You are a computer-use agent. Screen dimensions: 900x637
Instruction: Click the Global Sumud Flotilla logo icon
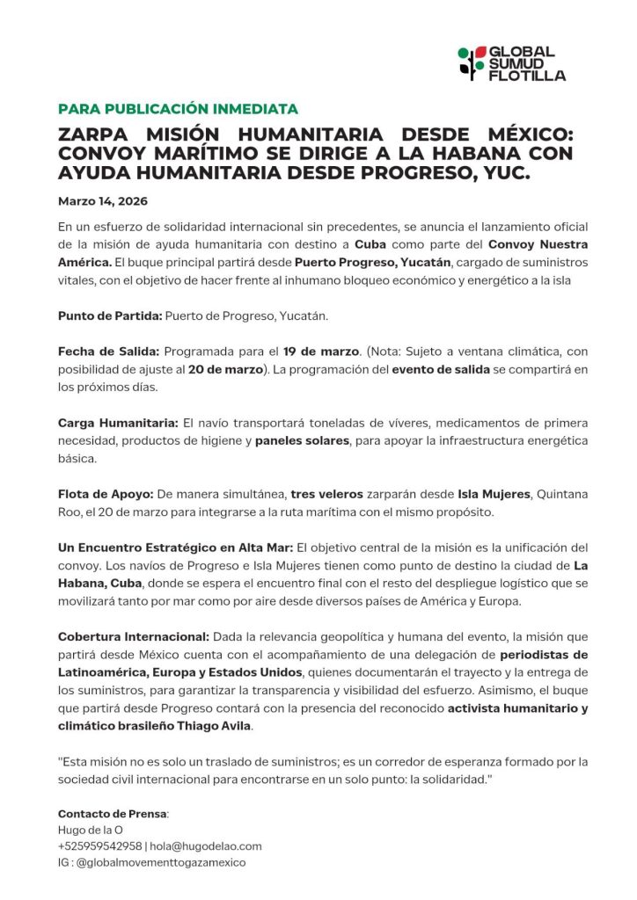tap(472, 63)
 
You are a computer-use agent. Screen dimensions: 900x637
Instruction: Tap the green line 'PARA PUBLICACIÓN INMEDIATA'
tap(178, 109)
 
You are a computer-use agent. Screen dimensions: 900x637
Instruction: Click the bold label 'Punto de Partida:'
tap(110, 315)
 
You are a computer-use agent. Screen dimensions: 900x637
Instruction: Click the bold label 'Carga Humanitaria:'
tap(118, 423)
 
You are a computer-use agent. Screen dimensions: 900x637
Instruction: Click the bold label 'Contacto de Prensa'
tap(113, 813)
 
